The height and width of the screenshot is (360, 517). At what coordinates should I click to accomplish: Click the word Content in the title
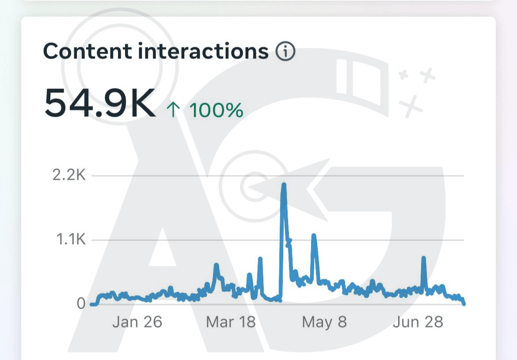87,51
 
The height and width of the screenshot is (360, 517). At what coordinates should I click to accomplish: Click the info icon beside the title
285,52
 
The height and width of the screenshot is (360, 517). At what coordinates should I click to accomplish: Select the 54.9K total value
99,103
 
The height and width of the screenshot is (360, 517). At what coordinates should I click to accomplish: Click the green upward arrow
173,110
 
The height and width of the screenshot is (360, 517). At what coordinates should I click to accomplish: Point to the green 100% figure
216,110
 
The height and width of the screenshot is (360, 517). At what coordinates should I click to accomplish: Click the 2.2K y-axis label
69,175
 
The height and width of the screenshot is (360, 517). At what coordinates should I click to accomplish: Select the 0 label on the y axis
81,303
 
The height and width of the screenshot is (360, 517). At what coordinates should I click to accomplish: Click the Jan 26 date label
137,322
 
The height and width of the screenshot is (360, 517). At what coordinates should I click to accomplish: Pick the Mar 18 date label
231,322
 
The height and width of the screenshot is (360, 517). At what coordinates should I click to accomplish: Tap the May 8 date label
324,322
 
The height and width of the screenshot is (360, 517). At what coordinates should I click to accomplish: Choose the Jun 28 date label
418,322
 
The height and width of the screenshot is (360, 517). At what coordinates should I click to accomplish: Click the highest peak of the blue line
284,185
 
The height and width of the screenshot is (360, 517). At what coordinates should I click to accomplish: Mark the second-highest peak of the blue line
314,236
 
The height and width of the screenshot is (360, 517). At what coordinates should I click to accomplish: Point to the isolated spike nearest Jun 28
424,258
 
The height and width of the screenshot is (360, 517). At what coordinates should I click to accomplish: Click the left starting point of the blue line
91,304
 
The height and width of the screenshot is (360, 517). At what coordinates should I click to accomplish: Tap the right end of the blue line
464,303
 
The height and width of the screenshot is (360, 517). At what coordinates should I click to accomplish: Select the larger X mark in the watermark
411,106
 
